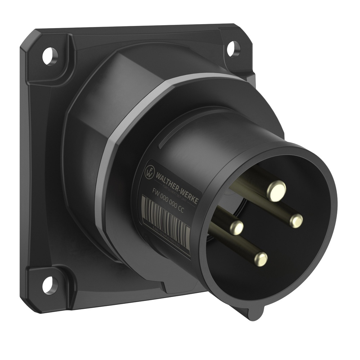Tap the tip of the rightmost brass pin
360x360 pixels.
296,221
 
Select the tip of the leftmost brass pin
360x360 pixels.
237,227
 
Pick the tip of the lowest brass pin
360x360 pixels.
260,259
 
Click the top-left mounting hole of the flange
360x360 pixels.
50,56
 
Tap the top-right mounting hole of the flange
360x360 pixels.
233,49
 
